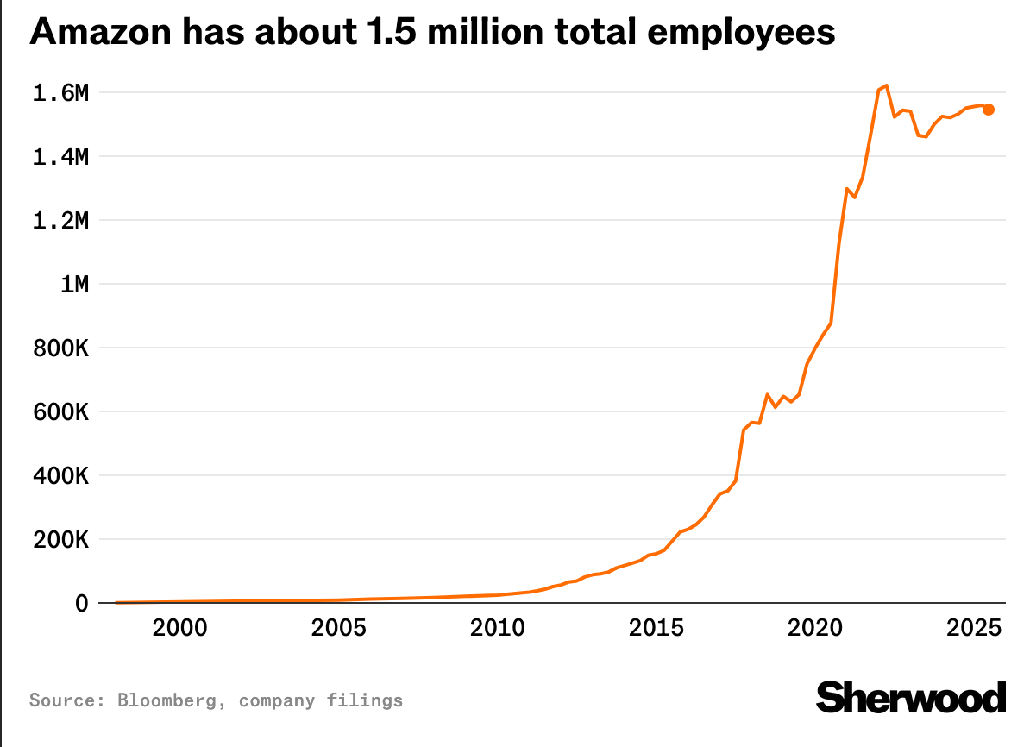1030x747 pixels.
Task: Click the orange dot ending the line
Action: point(989,110)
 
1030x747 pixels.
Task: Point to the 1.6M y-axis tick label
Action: point(60,93)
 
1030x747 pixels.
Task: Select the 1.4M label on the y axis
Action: point(60,157)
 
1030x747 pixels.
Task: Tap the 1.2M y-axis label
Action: point(60,221)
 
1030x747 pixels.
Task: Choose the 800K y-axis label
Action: point(60,348)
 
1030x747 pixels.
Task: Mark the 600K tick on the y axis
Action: point(60,412)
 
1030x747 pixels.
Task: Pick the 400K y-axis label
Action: point(60,476)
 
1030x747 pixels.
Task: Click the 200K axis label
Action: point(60,540)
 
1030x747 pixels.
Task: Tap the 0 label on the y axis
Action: point(82,603)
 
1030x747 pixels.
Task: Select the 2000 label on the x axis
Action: point(179,627)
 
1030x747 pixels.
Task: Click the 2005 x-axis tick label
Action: point(337,627)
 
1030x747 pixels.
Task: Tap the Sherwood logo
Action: point(911,697)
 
